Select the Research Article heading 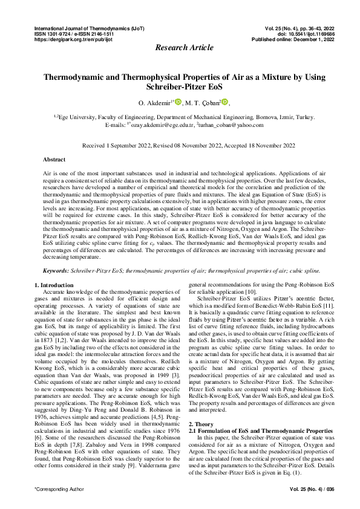point(180,48)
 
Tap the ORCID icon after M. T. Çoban point(225,103)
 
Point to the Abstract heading point(54,160)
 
